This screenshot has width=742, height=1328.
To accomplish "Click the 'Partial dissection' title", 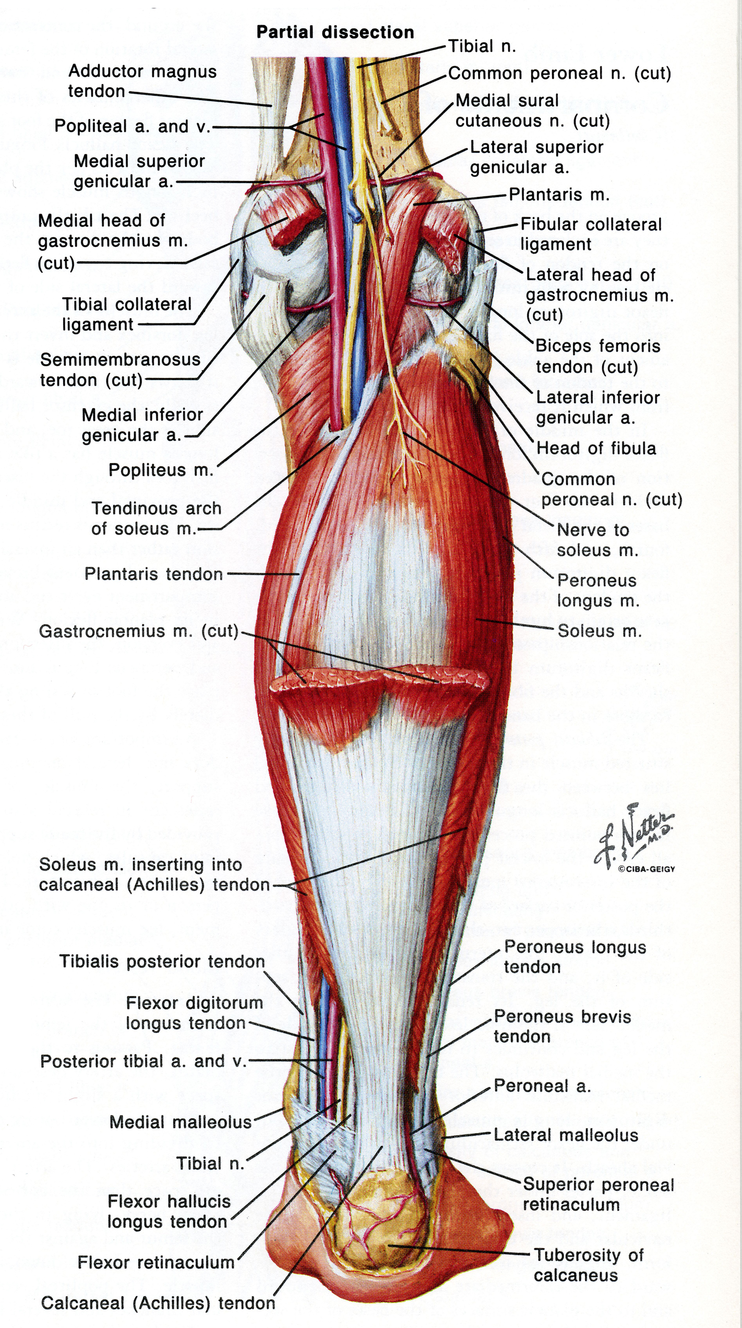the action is point(335,32).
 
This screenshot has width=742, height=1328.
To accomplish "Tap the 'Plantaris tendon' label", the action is point(154,574).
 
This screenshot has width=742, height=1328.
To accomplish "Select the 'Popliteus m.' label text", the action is point(161,470).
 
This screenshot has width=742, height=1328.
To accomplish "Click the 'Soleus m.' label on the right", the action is point(600,631).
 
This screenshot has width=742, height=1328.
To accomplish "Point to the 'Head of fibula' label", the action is point(596,448).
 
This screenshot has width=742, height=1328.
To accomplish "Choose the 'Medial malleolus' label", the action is point(181,1122).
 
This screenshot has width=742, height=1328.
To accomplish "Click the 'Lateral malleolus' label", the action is point(566,1135).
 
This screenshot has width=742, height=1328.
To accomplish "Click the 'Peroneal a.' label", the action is point(543,1086).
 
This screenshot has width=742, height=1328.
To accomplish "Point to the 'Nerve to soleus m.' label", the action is point(598,540).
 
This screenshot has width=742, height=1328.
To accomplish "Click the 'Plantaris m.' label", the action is point(559,195).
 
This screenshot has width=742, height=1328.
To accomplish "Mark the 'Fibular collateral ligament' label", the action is point(591,234).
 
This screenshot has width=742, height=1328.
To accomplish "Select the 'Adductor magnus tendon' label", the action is point(142,81).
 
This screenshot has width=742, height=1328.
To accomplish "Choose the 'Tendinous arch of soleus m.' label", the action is point(157,518).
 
